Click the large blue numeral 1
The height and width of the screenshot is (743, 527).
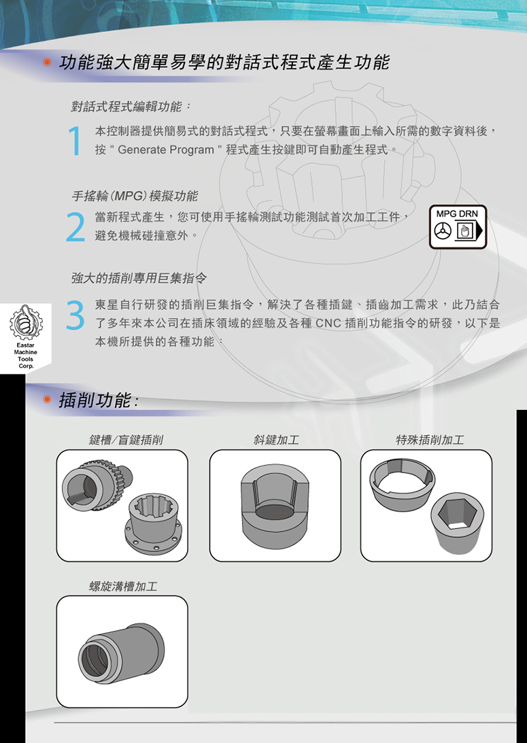(x=75, y=141)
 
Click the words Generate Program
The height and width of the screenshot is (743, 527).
(x=166, y=150)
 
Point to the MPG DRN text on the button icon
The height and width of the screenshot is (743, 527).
(x=458, y=213)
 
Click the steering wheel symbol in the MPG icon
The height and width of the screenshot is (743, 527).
(x=443, y=230)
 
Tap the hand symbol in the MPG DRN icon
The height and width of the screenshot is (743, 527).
(x=464, y=230)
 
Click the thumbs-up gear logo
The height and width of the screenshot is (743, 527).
(x=26, y=322)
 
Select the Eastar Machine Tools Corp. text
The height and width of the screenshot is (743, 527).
(x=26, y=356)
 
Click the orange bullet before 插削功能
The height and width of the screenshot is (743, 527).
(x=46, y=399)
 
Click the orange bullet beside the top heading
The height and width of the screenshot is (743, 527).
(x=46, y=62)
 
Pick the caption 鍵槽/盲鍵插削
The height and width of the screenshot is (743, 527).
(x=126, y=440)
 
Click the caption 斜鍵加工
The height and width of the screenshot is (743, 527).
(x=276, y=440)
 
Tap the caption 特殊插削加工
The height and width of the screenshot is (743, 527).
(x=430, y=440)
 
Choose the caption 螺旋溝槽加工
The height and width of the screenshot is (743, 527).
(x=123, y=587)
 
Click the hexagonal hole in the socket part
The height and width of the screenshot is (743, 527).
(x=457, y=514)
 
